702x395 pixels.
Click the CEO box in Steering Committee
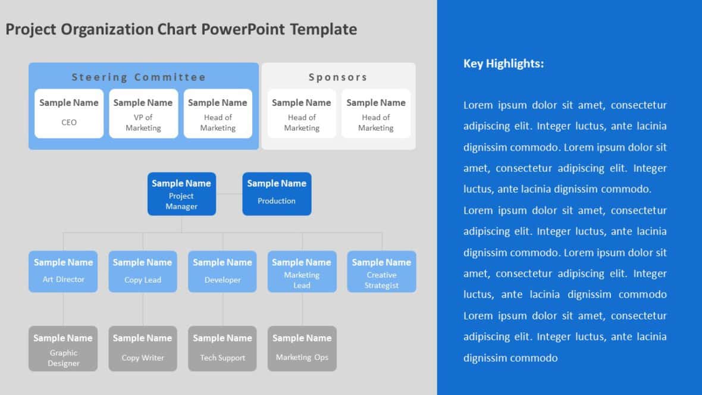pyautogui.click(x=69, y=113)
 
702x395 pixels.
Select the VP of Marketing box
pyautogui.click(x=143, y=113)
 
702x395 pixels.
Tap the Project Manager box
pyautogui.click(x=181, y=193)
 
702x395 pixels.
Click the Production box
pyautogui.click(x=277, y=193)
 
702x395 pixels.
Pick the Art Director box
pyautogui.click(x=63, y=271)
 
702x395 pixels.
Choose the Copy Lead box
pyautogui.click(x=143, y=271)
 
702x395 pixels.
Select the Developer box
pyautogui.click(x=222, y=271)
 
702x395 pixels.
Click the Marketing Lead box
pyautogui.click(x=302, y=271)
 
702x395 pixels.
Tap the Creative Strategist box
pyautogui.click(x=381, y=271)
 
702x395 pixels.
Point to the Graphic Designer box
pyautogui.click(x=63, y=349)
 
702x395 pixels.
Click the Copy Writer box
pyautogui.click(x=143, y=349)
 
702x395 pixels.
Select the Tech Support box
pyautogui.click(x=222, y=349)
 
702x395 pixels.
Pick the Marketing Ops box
pyautogui.click(x=302, y=349)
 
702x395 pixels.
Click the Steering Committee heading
pyautogui.click(x=139, y=77)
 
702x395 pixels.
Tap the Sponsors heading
pyautogui.click(x=338, y=77)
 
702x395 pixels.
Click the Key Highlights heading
pyautogui.click(x=503, y=64)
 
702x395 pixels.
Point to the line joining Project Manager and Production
pyautogui.click(x=229, y=194)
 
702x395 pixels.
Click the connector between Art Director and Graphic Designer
pyautogui.click(x=63, y=309)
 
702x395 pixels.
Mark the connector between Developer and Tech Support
pyautogui.click(x=222, y=309)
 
